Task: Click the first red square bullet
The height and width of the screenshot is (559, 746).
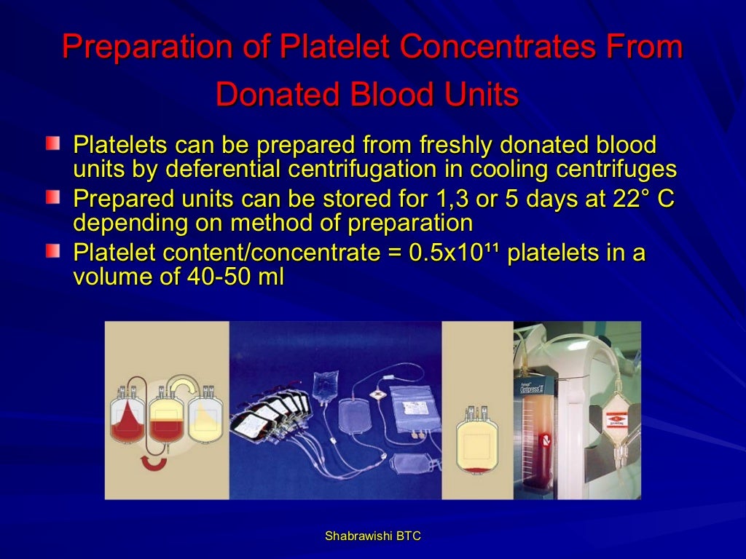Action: click(x=52, y=143)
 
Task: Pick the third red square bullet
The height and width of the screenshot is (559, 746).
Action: click(x=52, y=253)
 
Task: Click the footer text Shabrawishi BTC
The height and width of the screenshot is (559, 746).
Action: click(x=372, y=536)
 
